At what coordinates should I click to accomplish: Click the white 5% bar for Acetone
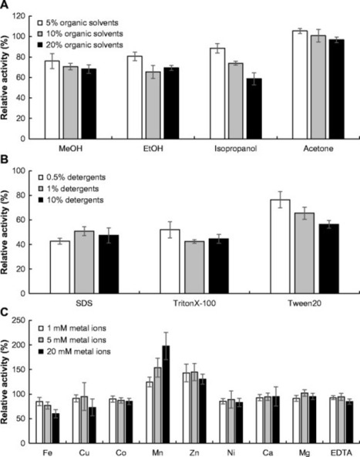[x=300, y=85]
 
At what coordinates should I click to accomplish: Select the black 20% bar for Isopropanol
[x=254, y=109]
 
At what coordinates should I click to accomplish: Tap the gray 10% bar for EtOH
[x=153, y=106]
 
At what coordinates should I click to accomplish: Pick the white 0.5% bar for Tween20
[x=280, y=247]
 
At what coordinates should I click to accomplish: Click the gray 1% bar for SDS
[x=84, y=262]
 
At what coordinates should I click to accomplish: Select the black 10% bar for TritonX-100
[x=219, y=266]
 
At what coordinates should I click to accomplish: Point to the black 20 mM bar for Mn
[x=167, y=395]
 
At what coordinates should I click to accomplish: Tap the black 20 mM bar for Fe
[x=56, y=428]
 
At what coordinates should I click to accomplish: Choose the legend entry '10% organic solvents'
[x=80, y=34]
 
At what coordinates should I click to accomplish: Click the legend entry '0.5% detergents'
[x=72, y=177]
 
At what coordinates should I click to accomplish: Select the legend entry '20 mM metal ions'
[x=74, y=351]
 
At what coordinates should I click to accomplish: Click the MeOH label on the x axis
[x=71, y=149]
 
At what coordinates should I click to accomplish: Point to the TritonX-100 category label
[x=194, y=304]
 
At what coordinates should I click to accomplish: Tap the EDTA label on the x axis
[x=341, y=452]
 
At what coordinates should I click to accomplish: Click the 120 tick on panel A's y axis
[x=26, y=16]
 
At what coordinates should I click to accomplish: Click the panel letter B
[x=4, y=160]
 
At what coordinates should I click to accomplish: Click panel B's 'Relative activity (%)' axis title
[x=4, y=232]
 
